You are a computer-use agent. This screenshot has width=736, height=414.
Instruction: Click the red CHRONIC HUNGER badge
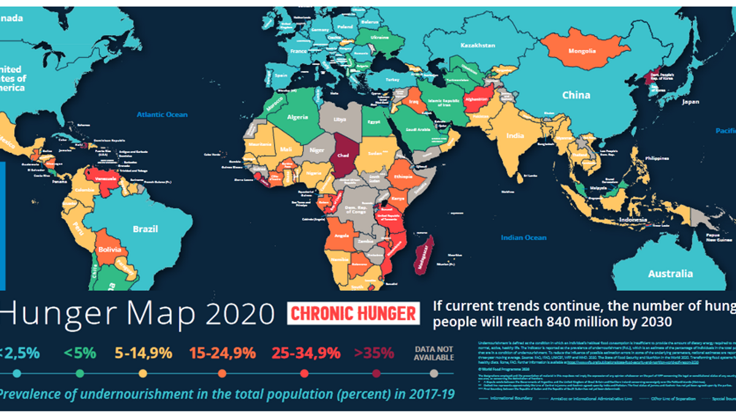coord(353,314)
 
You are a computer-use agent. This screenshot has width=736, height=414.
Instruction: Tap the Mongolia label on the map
coord(582,52)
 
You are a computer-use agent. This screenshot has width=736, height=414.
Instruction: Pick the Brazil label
coord(146,229)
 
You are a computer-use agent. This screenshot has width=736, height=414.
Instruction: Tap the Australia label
coord(670,274)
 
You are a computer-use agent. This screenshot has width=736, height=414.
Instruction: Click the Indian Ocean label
coord(523,237)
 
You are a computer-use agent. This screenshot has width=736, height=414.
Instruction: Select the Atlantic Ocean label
coord(162,114)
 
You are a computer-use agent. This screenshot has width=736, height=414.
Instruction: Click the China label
coord(577,95)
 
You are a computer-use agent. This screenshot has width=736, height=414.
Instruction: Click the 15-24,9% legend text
coord(222,353)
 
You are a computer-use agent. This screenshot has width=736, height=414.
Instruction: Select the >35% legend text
coord(374,353)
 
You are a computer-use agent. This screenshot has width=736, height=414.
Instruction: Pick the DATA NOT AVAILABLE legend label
coord(434,353)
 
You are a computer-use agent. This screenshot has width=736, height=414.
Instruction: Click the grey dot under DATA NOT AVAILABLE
coord(434,373)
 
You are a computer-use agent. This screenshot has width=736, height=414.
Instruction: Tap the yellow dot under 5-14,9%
coord(143,373)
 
